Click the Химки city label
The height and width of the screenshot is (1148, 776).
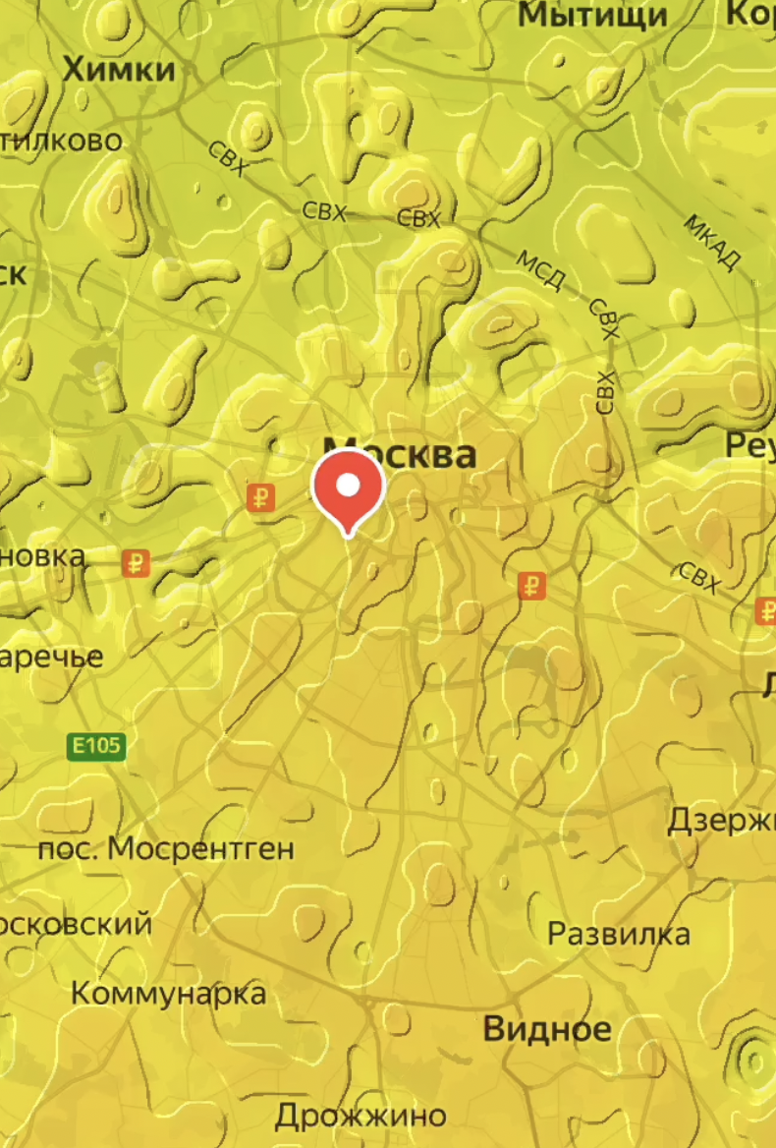(x=119, y=70)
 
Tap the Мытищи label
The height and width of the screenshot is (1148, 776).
(x=592, y=15)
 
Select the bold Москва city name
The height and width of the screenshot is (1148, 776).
(x=400, y=454)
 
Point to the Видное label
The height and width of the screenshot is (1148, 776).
(x=547, y=1029)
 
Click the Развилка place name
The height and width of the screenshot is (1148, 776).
(x=618, y=933)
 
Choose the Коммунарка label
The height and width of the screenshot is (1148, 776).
(x=168, y=993)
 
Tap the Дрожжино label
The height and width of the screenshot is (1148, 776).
(x=360, y=1116)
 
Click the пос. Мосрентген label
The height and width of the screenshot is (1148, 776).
(x=165, y=848)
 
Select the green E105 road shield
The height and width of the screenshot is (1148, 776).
(x=96, y=746)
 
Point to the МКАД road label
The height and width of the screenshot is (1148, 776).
(x=712, y=241)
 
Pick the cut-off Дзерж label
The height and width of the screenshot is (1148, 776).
(x=721, y=820)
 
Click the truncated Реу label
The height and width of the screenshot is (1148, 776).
(x=750, y=444)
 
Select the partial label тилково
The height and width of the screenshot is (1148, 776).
(x=62, y=141)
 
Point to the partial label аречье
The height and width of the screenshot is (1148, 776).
(x=51, y=657)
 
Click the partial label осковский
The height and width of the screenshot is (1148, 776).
(x=76, y=924)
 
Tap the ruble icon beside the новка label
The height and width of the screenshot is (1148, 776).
(x=136, y=564)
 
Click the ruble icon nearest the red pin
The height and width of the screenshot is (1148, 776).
(x=260, y=497)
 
